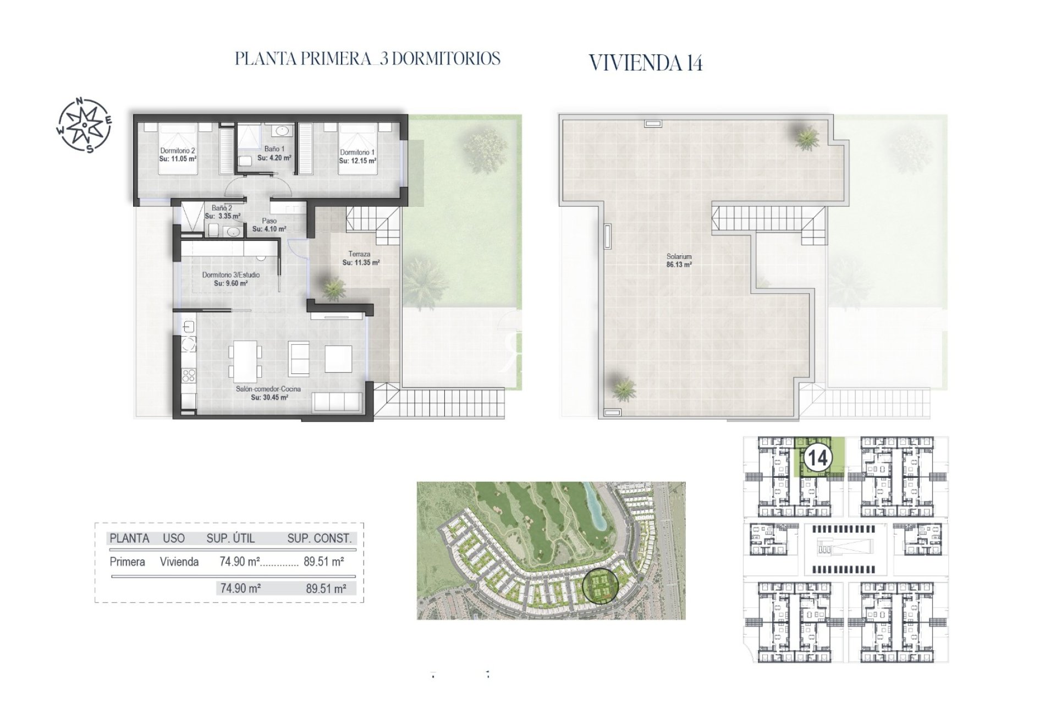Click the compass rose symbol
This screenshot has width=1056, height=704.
[x=84, y=125]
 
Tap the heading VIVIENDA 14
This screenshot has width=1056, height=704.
[x=646, y=63]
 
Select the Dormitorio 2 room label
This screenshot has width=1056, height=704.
[x=178, y=151]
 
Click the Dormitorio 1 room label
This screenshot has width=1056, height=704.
[x=358, y=152]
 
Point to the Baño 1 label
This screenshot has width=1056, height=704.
[x=274, y=149]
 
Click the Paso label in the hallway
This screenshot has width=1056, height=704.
[x=269, y=221]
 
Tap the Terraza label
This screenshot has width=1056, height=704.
[x=359, y=254]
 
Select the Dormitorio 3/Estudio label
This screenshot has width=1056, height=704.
[x=231, y=275]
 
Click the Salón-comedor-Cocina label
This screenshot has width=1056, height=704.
[x=268, y=389]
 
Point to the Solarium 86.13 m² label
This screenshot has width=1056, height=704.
[x=679, y=260]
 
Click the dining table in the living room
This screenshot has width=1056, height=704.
[x=243, y=361]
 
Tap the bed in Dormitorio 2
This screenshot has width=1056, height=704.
[x=178, y=149]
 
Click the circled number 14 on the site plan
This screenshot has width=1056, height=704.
[x=817, y=458]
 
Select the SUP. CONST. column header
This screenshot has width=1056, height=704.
[x=319, y=538]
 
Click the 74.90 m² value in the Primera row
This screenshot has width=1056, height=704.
[x=239, y=562]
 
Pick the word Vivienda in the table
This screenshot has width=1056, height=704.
[x=179, y=562]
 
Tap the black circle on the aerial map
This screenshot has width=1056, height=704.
[x=600, y=585]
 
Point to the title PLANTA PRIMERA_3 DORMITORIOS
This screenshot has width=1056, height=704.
[x=367, y=59]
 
